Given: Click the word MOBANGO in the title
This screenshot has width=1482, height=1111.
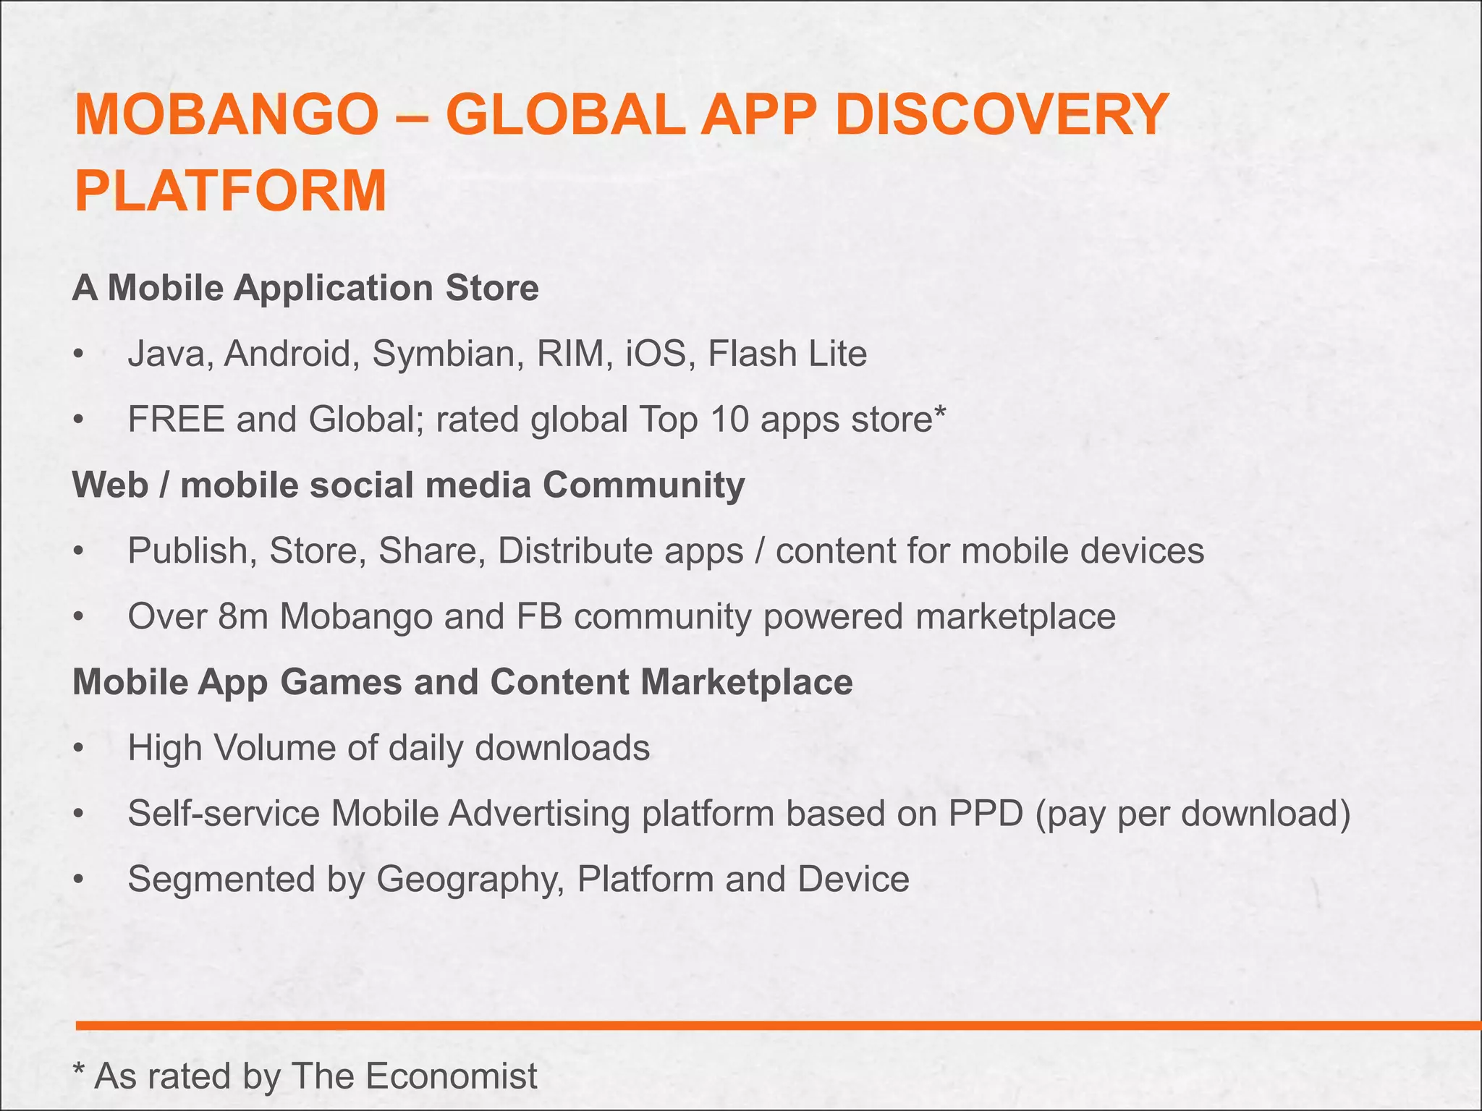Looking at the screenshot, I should [x=226, y=116].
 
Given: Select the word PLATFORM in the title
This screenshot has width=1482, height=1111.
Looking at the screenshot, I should [x=231, y=191].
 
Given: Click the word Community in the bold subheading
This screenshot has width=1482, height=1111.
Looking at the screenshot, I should [x=643, y=485].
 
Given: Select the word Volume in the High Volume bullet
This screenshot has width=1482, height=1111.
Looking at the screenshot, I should [x=274, y=748].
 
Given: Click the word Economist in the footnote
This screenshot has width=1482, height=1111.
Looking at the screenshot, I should [x=451, y=1076].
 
